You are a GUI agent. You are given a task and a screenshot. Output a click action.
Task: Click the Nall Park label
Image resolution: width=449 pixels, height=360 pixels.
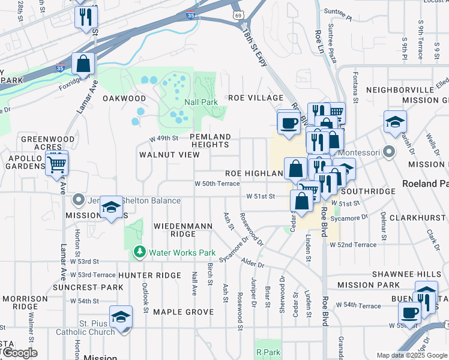tap(201, 102)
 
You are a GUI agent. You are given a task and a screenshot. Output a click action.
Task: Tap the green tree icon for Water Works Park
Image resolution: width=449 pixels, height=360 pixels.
tap(140, 253)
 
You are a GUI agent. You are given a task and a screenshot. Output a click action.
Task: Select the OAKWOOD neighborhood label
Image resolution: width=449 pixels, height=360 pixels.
tap(124, 98)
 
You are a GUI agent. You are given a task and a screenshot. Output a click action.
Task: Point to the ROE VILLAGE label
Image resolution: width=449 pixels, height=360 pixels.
tap(255, 98)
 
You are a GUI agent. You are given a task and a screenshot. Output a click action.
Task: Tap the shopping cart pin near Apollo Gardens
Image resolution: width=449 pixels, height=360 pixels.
tap(57, 163)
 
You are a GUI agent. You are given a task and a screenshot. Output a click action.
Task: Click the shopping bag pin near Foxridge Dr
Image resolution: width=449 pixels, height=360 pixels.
tap(83, 63)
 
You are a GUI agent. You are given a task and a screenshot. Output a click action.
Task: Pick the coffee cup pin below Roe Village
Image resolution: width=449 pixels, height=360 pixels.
tap(289, 122)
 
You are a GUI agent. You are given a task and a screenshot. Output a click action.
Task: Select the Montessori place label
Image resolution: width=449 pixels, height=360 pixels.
tap(359, 152)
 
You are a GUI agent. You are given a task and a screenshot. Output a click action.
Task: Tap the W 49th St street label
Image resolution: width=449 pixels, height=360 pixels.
tap(164, 138)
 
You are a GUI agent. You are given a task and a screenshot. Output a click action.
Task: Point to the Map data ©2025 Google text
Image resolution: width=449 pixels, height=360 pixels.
tap(411, 355)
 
